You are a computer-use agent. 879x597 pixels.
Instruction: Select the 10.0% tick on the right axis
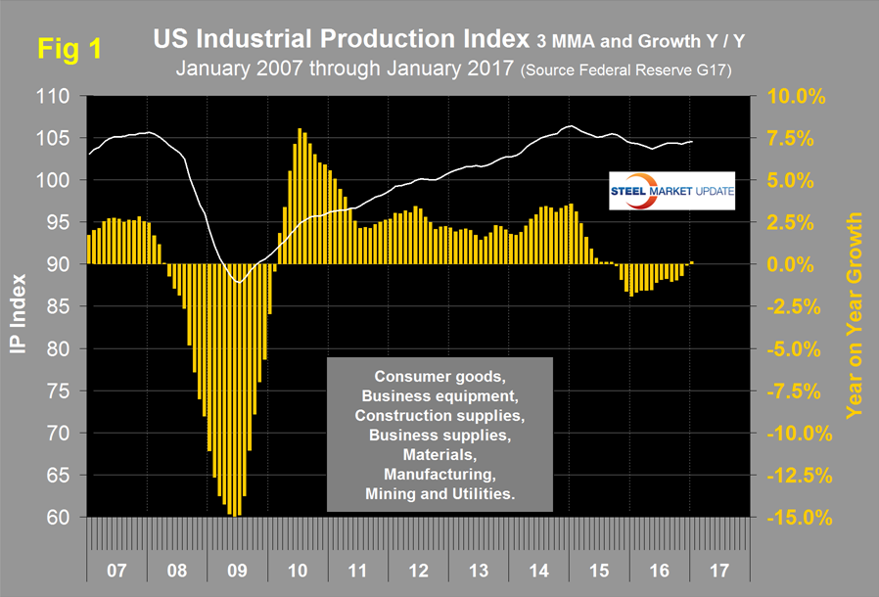(x=788, y=97)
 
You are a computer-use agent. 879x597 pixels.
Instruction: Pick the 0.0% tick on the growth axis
(x=792, y=264)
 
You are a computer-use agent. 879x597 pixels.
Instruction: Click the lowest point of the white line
(x=238, y=282)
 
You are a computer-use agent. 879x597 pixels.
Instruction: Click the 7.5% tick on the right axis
(x=792, y=139)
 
